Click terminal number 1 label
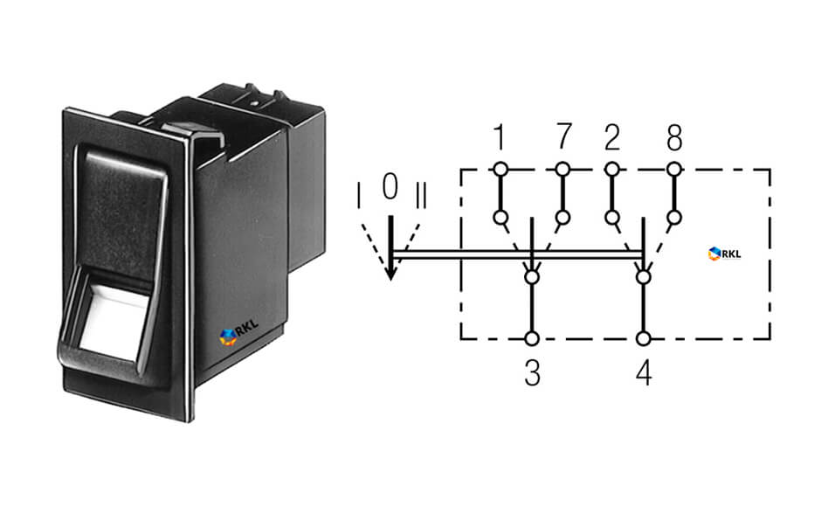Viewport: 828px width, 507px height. pyautogui.click(x=499, y=137)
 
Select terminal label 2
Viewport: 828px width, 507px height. pyautogui.click(x=612, y=137)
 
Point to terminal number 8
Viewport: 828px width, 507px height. pyautogui.click(x=673, y=137)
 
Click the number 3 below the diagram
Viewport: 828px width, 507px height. pyautogui.click(x=532, y=372)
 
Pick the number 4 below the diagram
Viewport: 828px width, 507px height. pyautogui.click(x=644, y=372)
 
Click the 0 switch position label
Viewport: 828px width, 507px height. pyautogui.click(x=390, y=186)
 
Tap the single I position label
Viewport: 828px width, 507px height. pyautogui.click(x=359, y=195)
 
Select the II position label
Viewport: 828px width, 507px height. pyautogui.click(x=421, y=195)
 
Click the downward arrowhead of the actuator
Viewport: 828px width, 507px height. pyautogui.click(x=390, y=271)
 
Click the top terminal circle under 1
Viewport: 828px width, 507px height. pyautogui.click(x=500, y=170)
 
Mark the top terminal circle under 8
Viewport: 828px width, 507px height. pyautogui.click(x=673, y=170)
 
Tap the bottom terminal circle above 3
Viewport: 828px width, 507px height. pyautogui.click(x=532, y=338)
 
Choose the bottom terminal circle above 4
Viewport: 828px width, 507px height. pyautogui.click(x=643, y=338)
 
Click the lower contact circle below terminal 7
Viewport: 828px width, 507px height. pyautogui.click(x=562, y=218)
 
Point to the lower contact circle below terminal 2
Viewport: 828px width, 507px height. pyautogui.click(x=612, y=218)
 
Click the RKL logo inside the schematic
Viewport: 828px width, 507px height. pyautogui.click(x=725, y=253)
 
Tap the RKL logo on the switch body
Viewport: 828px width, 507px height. pyautogui.click(x=238, y=332)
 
